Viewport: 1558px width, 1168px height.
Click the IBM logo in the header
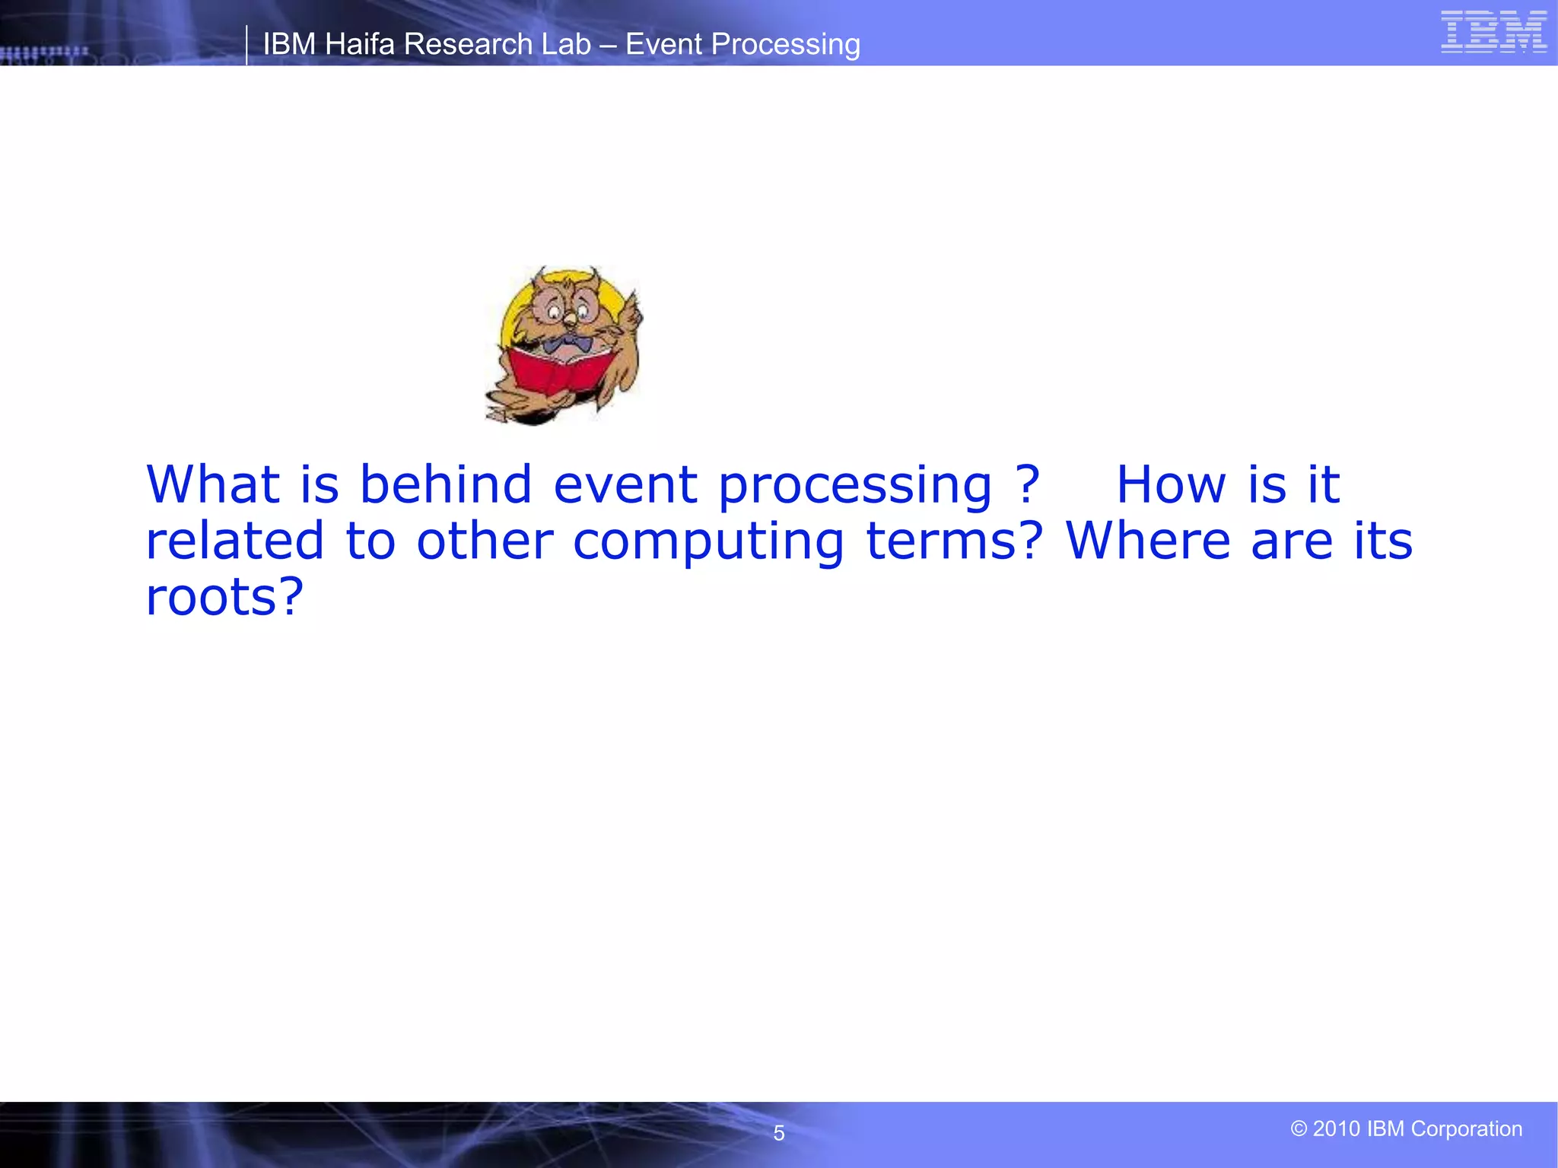(x=1493, y=32)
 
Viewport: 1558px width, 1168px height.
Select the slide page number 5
(x=778, y=1133)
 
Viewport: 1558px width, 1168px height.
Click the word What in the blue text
(x=213, y=484)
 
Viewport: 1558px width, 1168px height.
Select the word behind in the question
(x=445, y=484)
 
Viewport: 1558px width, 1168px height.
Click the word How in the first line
(x=1171, y=484)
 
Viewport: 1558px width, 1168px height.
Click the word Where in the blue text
(x=1148, y=541)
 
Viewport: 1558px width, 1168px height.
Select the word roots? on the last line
(x=224, y=597)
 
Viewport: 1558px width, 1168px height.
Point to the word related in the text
(x=234, y=541)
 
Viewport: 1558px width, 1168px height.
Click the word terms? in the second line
(x=955, y=541)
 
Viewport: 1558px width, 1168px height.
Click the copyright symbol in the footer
(x=1299, y=1128)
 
